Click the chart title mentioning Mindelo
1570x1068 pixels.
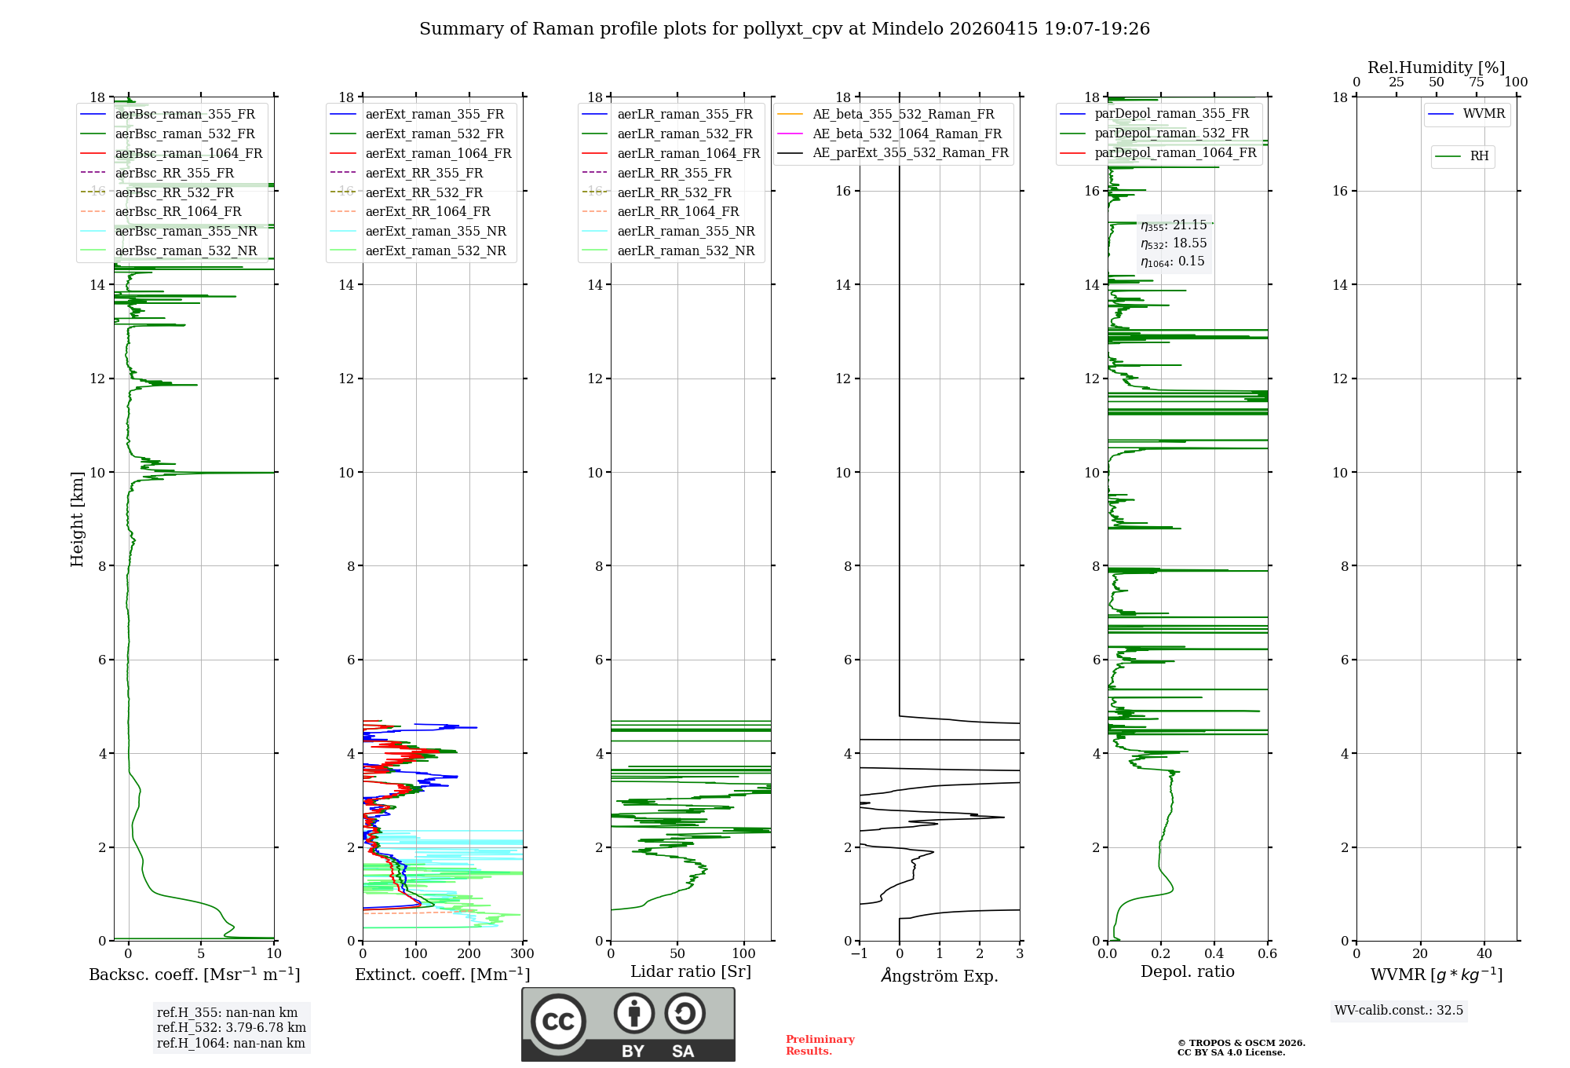point(784,29)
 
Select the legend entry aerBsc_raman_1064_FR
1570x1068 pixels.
point(188,153)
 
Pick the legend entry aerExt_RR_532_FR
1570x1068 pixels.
point(424,192)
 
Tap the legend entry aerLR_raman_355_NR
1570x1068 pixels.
point(685,231)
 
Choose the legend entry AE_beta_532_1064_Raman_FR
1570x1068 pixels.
point(907,133)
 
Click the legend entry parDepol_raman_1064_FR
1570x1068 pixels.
point(1175,152)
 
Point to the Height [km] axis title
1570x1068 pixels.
point(77,518)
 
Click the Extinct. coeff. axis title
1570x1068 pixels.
point(442,975)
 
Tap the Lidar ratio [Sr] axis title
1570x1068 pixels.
point(690,971)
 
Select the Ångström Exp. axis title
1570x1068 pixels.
point(940,975)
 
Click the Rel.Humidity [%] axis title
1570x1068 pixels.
point(1436,68)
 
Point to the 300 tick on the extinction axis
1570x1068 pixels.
point(522,954)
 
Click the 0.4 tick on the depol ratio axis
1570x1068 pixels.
point(1214,954)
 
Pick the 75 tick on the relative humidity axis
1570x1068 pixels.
point(1476,82)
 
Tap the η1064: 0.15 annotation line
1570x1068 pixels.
point(1173,262)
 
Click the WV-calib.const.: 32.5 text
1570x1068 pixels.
point(1399,1010)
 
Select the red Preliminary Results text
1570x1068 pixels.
point(820,1044)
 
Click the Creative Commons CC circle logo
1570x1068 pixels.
point(558,1022)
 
